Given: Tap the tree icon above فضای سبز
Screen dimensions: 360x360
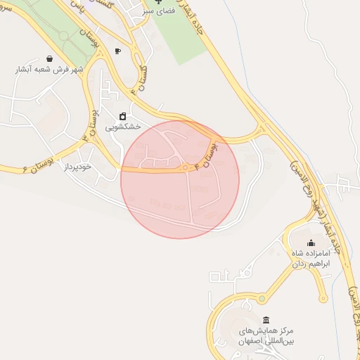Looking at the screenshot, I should (x=158, y=3).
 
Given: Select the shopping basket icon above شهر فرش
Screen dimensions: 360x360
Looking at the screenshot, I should (x=49, y=58).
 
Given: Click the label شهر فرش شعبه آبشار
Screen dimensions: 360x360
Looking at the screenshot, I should (x=50, y=70).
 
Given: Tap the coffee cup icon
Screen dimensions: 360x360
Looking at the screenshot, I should (x=117, y=51).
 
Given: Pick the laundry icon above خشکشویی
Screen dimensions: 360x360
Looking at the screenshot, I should (x=123, y=116).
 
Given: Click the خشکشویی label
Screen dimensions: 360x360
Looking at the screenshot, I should (x=123, y=127).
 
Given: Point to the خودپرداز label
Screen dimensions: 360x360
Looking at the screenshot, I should (x=78, y=167).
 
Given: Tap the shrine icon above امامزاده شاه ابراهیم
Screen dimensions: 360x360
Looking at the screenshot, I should (x=311, y=243).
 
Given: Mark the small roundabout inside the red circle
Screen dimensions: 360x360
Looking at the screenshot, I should (x=186, y=167).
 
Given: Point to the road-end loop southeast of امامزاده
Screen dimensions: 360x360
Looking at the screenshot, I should (x=323, y=298).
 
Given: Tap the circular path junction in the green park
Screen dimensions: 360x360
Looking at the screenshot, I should (x=65, y=35).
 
